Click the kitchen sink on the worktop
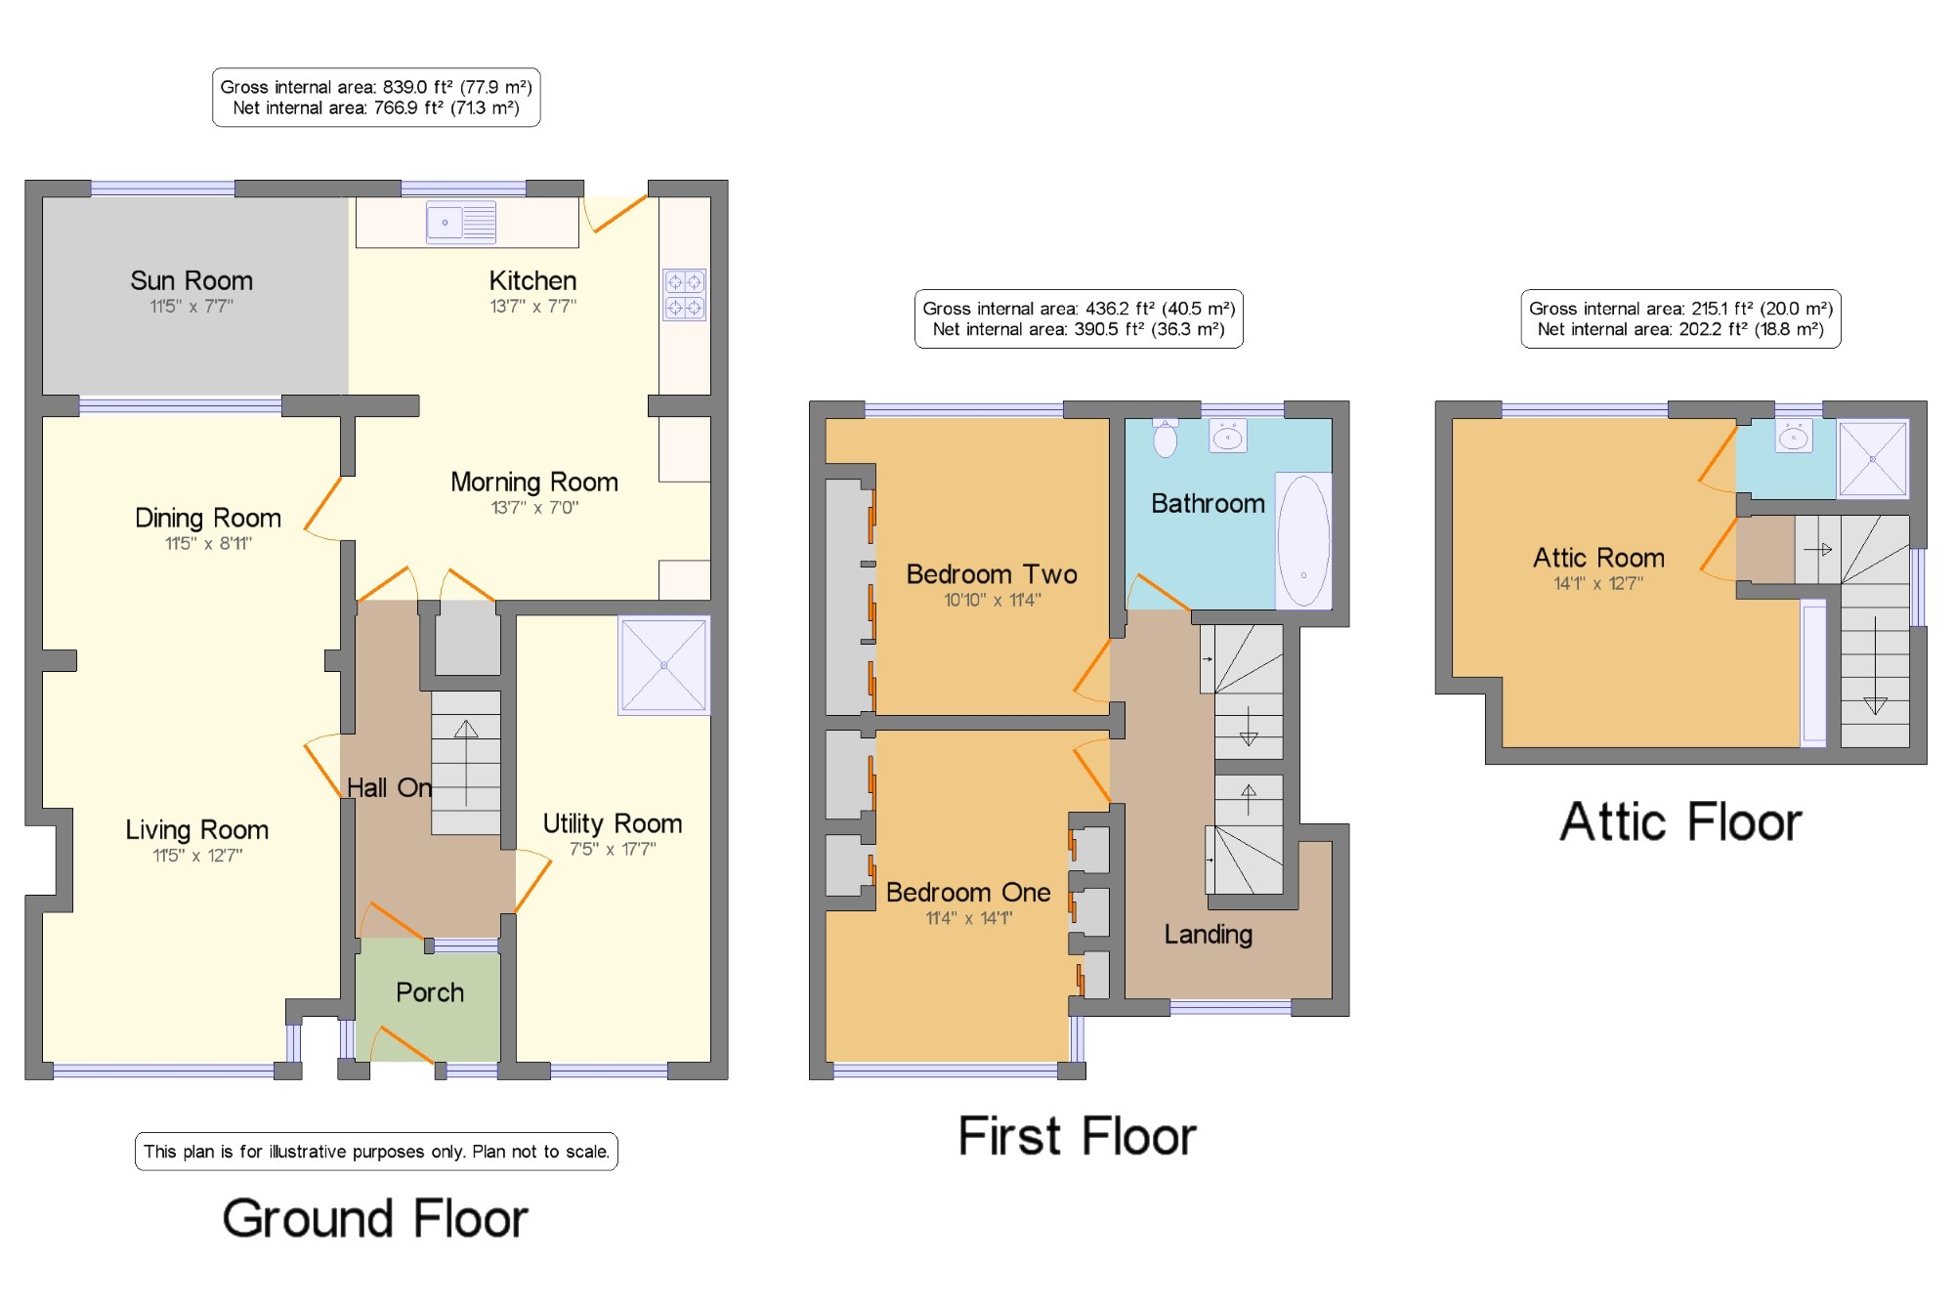coord(461,223)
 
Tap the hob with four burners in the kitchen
coord(684,295)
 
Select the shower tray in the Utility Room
coord(663,665)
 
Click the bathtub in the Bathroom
coord(1303,540)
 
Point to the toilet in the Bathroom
coord(1166,437)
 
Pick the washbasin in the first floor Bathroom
coord(1228,436)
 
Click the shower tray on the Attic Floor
coord(1872,458)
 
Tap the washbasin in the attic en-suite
coord(1794,436)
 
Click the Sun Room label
coord(191,281)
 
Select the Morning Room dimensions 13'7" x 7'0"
coord(534,507)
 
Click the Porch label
coord(430,992)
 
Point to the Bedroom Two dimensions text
coord(993,600)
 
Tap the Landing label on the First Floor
coord(1209,935)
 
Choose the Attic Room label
coord(1598,558)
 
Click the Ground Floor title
coord(375,1219)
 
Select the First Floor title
coord(1077,1136)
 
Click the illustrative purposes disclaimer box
coord(376,1152)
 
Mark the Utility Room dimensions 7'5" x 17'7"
coord(613,849)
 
